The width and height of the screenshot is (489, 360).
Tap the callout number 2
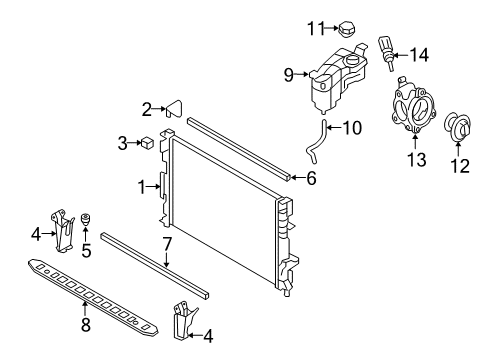pyautogui.click(x=146, y=109)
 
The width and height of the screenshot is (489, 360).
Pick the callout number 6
pyautogui.click(x=311, y=179)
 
